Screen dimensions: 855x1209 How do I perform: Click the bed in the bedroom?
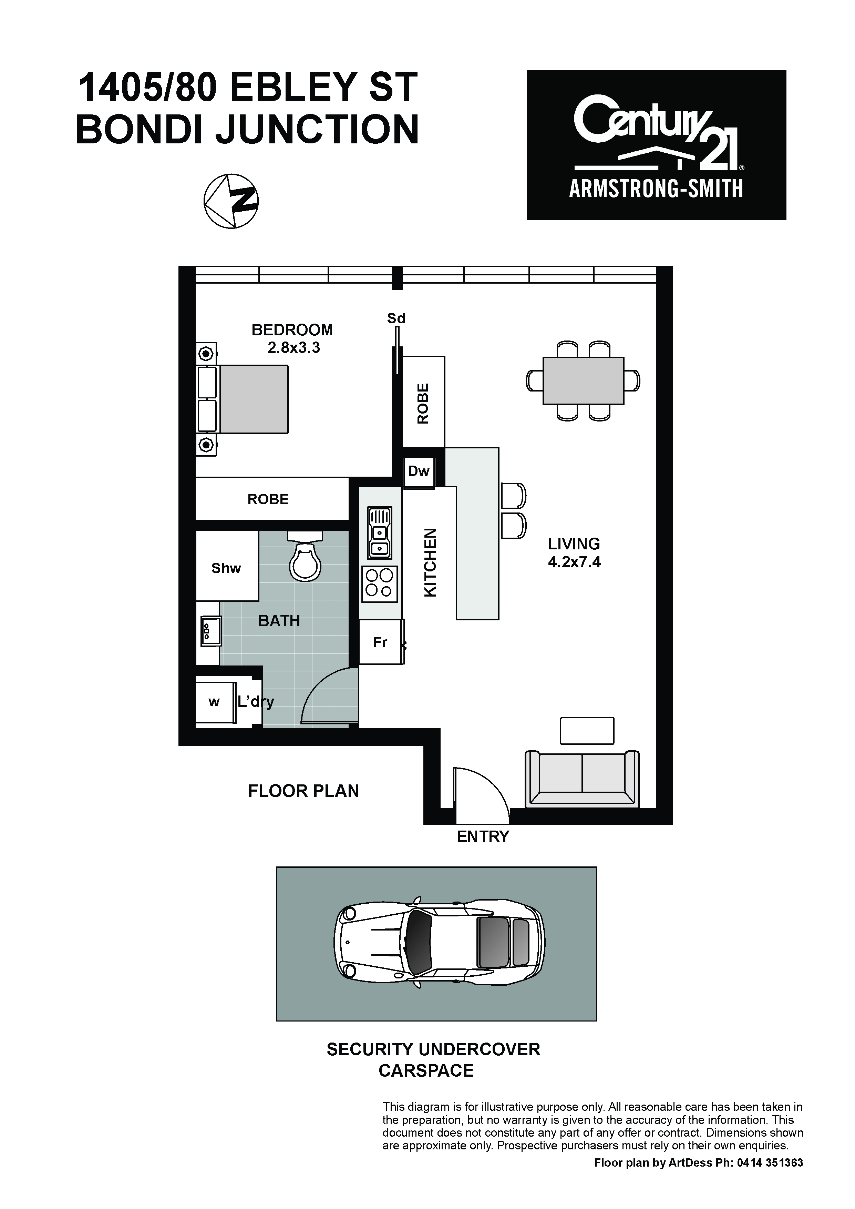coord(243,400)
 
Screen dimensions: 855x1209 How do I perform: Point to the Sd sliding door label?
coord(396,318)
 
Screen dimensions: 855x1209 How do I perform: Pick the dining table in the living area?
coord(583,381)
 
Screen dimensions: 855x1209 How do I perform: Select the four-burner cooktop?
coord(380,583)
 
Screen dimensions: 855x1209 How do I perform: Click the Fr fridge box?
coord(381,642)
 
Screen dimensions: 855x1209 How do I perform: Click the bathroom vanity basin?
coord(209,630)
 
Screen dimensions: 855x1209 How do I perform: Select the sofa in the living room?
coord(582,779)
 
